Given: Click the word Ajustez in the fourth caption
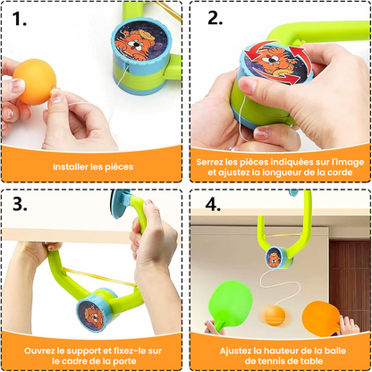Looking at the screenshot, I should click(233, 347).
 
